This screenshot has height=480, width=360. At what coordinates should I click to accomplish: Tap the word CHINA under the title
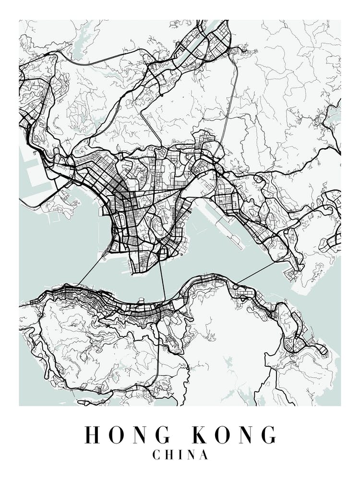click(180, 455)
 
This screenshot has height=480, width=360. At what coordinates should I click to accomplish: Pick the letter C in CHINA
click(156, 455)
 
